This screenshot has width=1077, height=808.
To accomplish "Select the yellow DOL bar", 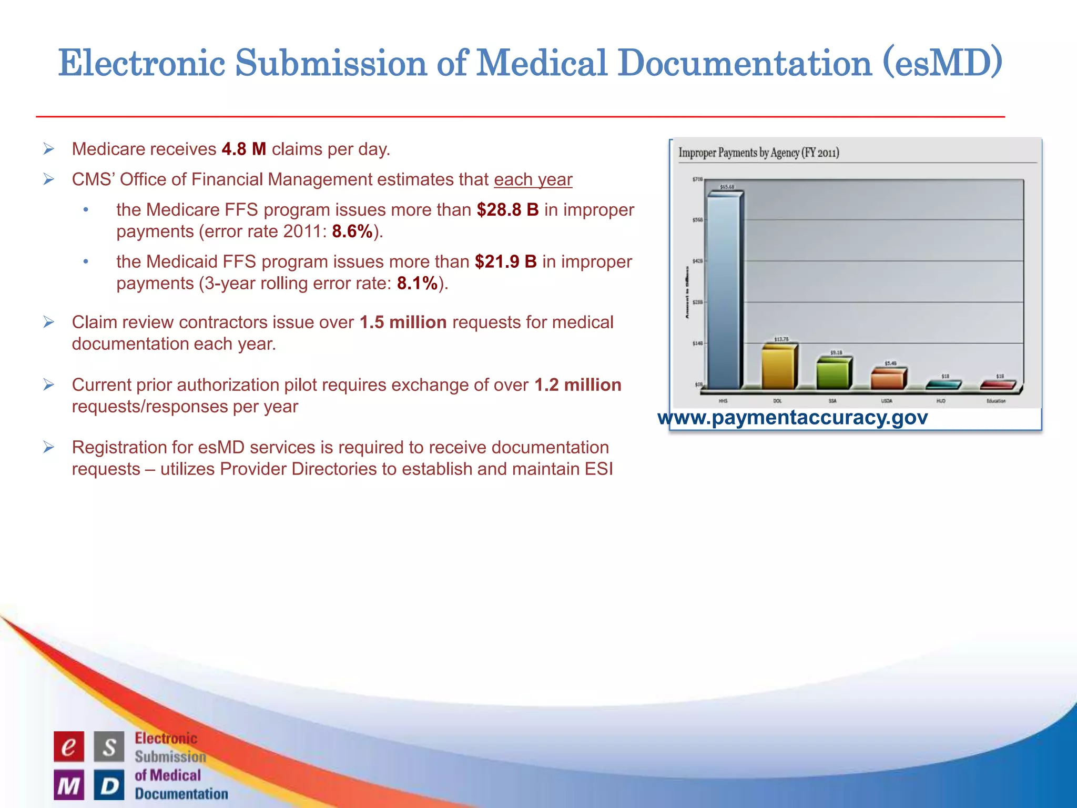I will click(x=779, y=368).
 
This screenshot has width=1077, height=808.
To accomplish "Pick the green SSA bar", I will click(x=833, y=374).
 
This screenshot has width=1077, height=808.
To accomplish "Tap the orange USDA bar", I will click(x=887, y=379).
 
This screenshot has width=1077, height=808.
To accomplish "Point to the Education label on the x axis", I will click(x=995, y=401).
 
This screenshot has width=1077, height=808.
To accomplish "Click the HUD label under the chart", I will click(x=941, y=401).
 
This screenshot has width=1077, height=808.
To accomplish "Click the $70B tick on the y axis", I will click(x=697, y=180).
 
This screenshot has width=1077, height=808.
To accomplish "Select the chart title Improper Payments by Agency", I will click(x=758, y=153).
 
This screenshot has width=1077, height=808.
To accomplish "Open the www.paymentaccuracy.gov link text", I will click(x=792, y=418).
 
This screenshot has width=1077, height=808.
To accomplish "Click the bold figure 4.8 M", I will click(x=243, y=149).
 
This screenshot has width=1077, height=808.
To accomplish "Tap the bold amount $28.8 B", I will click(x=507, y=210).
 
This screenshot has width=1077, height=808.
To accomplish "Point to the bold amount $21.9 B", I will click(x=505, y=262).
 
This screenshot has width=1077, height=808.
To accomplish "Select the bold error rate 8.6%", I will click(x=352, y=231).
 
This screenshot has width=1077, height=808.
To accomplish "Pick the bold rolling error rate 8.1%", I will click(x=417, y=284).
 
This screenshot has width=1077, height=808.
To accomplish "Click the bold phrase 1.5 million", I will click(x=403, y=322).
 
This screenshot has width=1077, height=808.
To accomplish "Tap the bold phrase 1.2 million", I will click(x=577, y=385).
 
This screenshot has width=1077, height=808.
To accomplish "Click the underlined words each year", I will click(x=533, y=180).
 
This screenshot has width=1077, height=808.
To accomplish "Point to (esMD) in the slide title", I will click(x=943, y=63).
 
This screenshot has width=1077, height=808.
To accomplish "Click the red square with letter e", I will click(x=69, y=746).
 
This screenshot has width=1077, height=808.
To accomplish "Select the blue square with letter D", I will click(x=109, y=785).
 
